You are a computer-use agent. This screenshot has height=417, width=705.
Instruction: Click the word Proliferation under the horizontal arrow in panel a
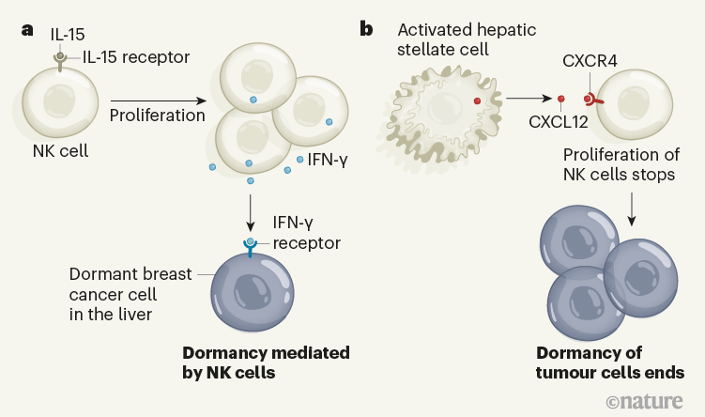coord(157,116)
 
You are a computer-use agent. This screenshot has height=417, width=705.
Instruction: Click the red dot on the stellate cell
coord(478,99)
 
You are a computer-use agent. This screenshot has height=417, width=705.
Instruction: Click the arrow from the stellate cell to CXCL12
coord(525,98)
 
